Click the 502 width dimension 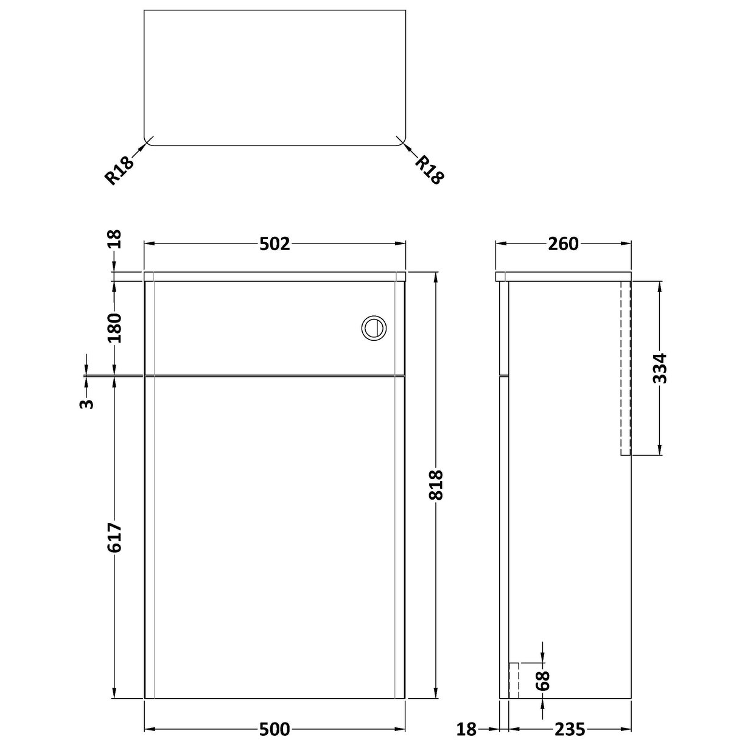pyautogui.click(x=275, y=243)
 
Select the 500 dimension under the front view pyautogui.click(x=274, y=728)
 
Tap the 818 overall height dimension pyautogui.click(x=436, y=485)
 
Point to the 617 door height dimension pyautogui.click(x=114, y=537)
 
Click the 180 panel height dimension pyautogui.click(x=114, y=327)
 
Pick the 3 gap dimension pyautogui.click(x=87, y=403)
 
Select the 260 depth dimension pyautogui.click(x=563, y=243)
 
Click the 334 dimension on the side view pyautogui.click(x=659, y=368)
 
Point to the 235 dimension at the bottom pyautogui.click(x=569, y=728)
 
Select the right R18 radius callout pyautogui.click(x=430, y=169)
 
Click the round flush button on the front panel pyautogui.click(x=373, y=327)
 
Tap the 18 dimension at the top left pyautogui.click(x=114, y=239)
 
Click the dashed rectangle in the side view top pyautogui.click(x=626, y=368)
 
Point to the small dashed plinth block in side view pyautogui.click(x=514, y=680)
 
